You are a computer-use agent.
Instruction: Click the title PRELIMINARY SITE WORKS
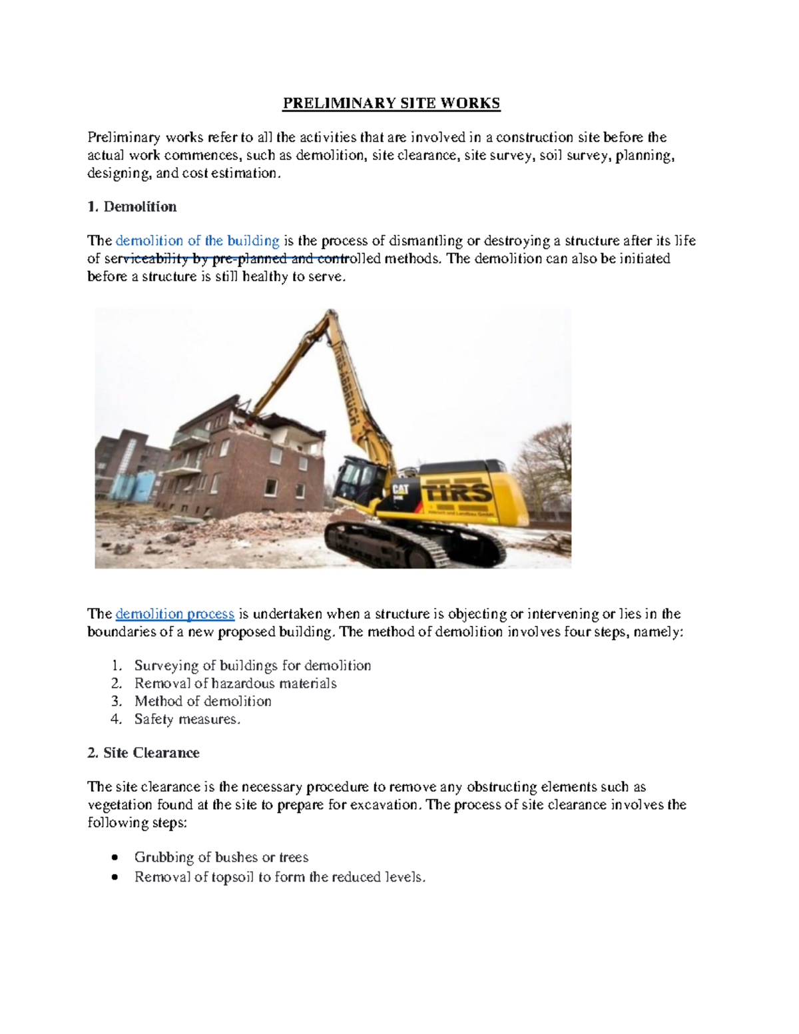coord(392,103)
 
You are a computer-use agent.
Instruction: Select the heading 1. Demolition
coord(132,206)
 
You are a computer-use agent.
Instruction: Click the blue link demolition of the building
coord(197,240)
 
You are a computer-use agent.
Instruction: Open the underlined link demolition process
coord(174,614)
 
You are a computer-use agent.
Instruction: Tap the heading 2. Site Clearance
coord(143,753)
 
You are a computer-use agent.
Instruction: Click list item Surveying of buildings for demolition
coord(252,666)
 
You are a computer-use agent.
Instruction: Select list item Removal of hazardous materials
coord(235,684)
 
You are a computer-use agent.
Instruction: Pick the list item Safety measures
coord(186,719)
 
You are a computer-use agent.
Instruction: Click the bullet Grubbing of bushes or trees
coord(220,858)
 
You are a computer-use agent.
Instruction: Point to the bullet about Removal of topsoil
coord(279,878)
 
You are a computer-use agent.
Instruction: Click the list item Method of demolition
coord(202,701)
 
